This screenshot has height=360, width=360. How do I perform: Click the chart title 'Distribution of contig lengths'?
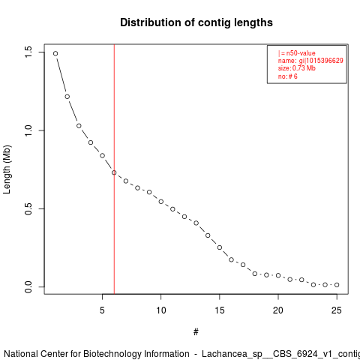[x=196, y=22]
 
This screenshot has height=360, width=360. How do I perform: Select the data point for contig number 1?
[x=55, y=53]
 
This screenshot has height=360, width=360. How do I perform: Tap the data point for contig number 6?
[x=114, y=172]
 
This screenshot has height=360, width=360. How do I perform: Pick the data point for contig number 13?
[x=196, y=223]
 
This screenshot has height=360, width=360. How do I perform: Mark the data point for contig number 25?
[x=337, y=285]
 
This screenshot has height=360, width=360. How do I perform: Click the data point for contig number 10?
[x=161, y=202]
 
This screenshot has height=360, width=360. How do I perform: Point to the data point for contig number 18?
[x=255, y=274]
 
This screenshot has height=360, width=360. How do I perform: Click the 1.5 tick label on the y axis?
[x=28, y=52]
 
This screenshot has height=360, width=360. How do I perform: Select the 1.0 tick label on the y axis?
[x=28, y=130]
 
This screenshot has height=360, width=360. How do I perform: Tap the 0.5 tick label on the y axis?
[x=28, y=208]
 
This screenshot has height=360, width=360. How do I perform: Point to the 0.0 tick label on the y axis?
[x=28, y=286]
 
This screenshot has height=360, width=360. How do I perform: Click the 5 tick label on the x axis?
[x=102, y=310]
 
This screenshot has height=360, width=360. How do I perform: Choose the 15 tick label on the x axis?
[x=220, y=310]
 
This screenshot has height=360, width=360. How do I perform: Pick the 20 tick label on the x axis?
[x=278, y=310]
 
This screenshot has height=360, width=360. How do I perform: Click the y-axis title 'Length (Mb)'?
[x=7, y=169]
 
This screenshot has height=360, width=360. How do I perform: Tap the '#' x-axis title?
[x=196, y=332]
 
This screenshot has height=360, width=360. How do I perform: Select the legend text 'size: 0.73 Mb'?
[x=297, y=68]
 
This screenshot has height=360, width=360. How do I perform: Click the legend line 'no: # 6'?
[x=288, y=76]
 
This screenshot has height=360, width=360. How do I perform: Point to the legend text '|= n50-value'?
[x=297, y=53]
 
